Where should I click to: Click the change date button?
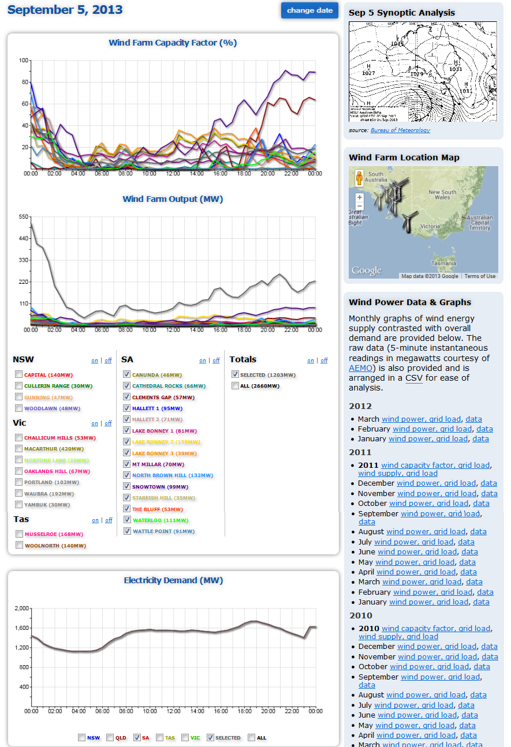(x=309, y=10)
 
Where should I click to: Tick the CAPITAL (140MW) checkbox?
(x=20, y=374)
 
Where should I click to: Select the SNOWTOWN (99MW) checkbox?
(x=126, y=486)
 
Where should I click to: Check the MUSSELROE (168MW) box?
(x=20, y=534)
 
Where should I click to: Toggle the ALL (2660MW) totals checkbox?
(x=235, y=385)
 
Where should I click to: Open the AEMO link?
(x=361, y=367)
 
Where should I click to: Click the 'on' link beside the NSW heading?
(x=95, y=361)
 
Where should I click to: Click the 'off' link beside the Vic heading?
(x=108, y=423)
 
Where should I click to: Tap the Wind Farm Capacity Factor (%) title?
(x=173, y=43)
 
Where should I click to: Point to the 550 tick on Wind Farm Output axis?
(x=23, y=217)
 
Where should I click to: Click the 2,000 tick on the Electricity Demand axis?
(x=21, y=609)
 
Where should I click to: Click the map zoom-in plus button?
(x=360, y=197)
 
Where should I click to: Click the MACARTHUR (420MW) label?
(x=54, y=449)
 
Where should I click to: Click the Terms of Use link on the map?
(x=480, y=276)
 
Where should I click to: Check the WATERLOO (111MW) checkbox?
(x=126, y=520)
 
